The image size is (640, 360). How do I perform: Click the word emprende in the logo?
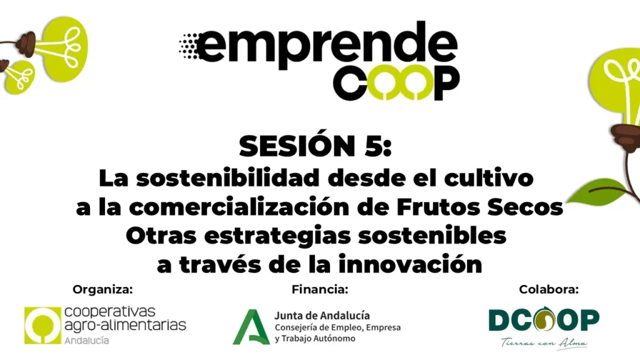pos(326,45)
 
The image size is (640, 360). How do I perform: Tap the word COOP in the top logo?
pos(396,82)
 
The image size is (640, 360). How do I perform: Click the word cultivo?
pos(489,178)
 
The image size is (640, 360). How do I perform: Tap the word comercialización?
pos(239,207)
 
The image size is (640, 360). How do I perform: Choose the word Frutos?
pos(439,207)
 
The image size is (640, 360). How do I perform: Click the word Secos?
pos(525,207)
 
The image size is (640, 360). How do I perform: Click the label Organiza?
pos(103,289)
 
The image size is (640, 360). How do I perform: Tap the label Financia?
pos(320,289)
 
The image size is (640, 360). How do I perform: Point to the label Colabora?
pos(549,289)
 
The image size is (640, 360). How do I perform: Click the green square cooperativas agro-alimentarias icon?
pos(42,325)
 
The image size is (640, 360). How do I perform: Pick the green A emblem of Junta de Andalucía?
pos(251,327)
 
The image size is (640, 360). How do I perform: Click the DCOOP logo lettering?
pos(544,319)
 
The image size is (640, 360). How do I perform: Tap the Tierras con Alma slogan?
pos(544,343)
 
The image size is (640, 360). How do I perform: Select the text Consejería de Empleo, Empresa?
pos(337,327)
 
